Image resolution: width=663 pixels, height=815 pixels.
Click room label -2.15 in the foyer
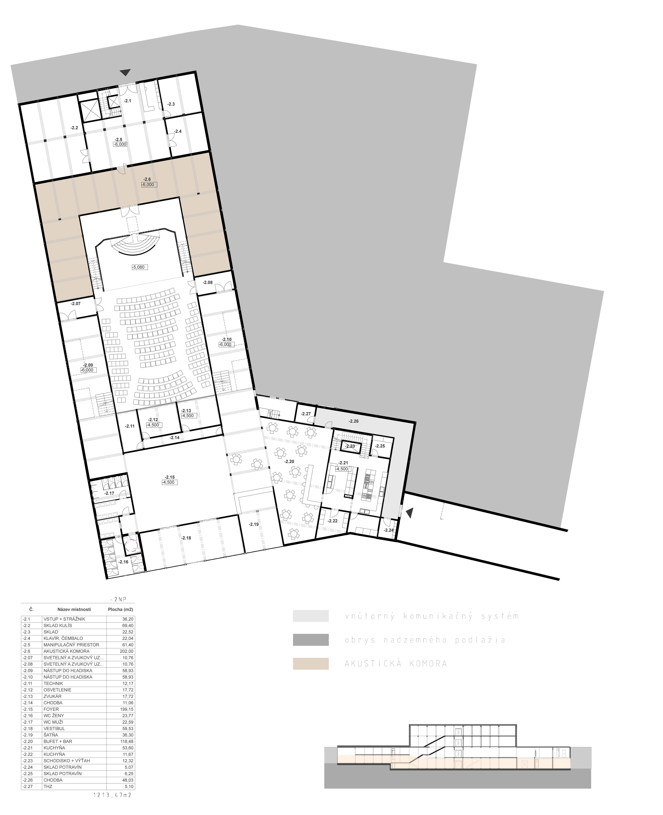(x=170, y=477)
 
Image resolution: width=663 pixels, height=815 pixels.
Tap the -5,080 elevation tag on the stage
(x=138, y=267)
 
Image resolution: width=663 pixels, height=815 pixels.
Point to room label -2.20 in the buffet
(x=289, y=461)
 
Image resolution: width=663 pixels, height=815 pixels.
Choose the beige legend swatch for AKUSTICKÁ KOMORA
(x=311, y=664)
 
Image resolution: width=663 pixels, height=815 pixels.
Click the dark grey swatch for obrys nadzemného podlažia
(x=311, y=640)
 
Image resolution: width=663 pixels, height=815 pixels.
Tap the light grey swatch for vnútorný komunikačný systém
(x=311, y=616)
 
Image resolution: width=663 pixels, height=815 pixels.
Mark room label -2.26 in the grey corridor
(x=354, y=421)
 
